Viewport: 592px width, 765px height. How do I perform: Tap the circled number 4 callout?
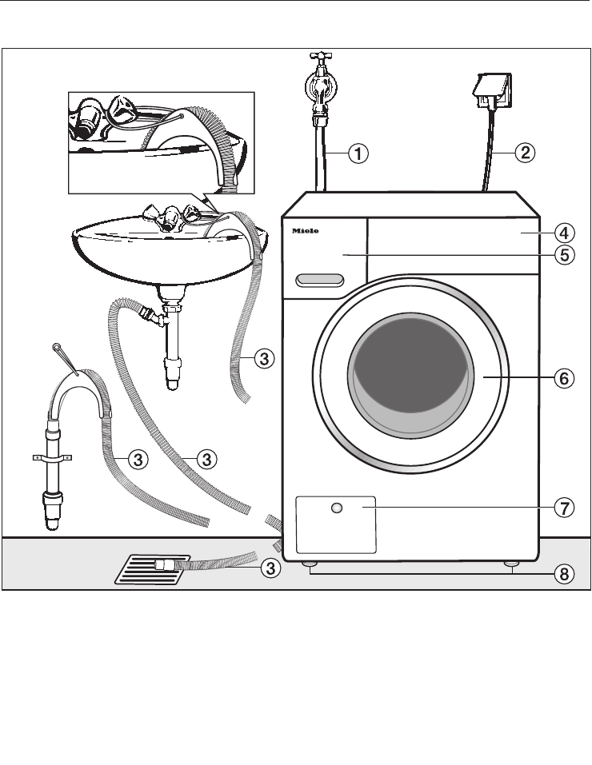pyautogui.click(x=564, y=233)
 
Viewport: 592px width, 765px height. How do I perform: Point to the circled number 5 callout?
pyautogui.click(x=564, y=255)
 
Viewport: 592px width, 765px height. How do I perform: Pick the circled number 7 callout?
pyautogui.click(x=564, y=508)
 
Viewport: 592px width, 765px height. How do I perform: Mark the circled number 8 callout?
pyautogui.click(x=564, y=573)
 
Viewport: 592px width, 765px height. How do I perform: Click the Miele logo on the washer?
pyautogui.click(x=304, y=231)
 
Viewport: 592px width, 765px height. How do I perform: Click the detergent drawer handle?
pyautogui.click(x=319, y=280)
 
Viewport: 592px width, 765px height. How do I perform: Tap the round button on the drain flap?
pyautogui.click(x=337, y=508)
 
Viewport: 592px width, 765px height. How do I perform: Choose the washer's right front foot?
pyautogui.click(x=510, y=566)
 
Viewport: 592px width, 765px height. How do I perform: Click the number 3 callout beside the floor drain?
pyautogui.click(x=272, y=568)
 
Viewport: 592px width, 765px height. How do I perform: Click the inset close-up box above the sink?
pyautogui.click(x=160, y=142)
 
